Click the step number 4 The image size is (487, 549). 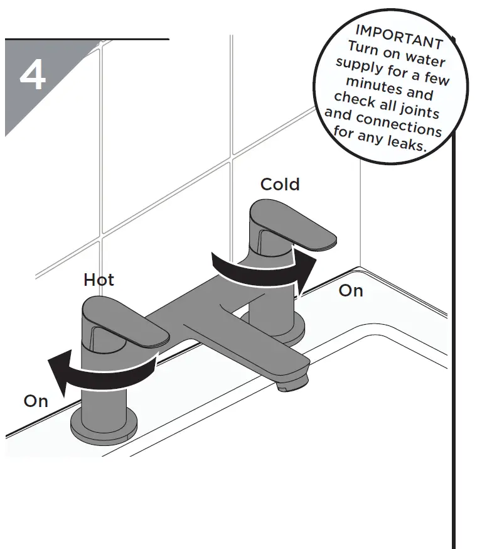pos(33,77)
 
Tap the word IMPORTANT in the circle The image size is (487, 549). pos(399,35)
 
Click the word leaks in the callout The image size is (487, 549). pos(407,143)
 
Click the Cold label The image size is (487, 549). pos(280,184)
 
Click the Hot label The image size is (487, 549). pos(99,280)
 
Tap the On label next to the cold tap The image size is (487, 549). pos(351,290)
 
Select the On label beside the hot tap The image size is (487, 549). pos(36,401)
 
